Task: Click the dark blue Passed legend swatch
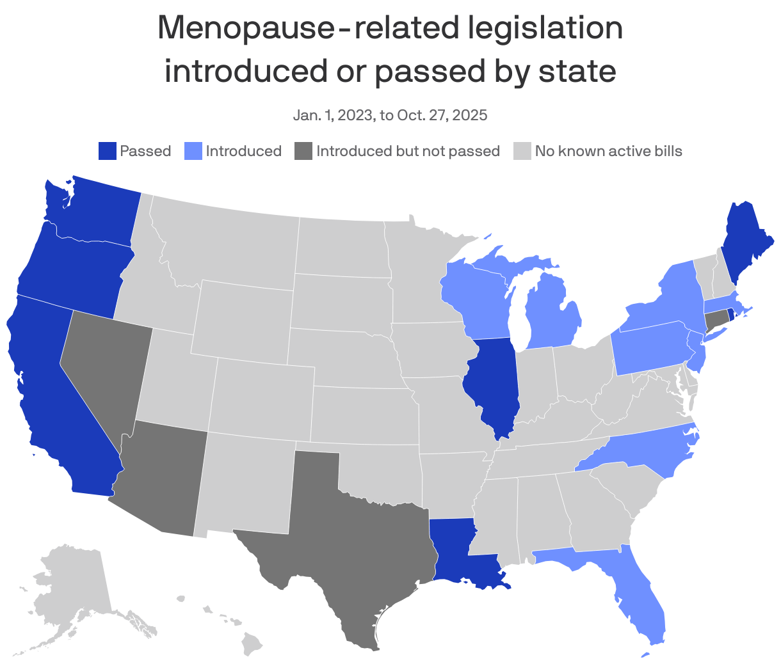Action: coord(107,151)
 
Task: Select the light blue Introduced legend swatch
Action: coord(193,151)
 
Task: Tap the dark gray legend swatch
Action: coord(303,151)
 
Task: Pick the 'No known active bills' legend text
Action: coord(608,151)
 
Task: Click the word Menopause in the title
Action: coord(243,29)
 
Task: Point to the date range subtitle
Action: coord(390,115)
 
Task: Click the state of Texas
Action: coord(358,544)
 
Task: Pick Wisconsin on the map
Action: coord(477,294)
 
